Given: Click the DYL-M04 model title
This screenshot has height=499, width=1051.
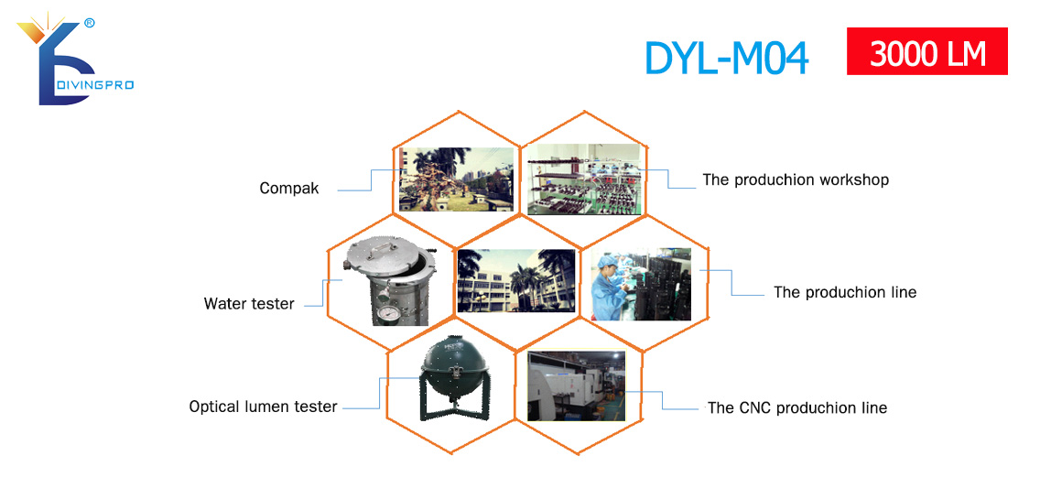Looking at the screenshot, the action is [x=726, y=59].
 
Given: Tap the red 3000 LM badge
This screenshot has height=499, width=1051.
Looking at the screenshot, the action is [x=927, y=51].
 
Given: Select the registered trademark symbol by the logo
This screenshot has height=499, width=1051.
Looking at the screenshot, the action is [x=90, y=23].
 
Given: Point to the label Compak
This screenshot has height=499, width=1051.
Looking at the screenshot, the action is [x=289, y=189].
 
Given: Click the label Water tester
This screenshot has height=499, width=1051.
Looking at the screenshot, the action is [x=249, y=304].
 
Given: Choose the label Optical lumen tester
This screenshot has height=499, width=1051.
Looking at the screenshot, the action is [x=263, y=407].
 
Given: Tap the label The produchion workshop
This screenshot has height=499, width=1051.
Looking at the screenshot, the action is [x=796, y=179].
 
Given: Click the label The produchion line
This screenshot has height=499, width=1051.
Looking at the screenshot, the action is [x=844, y=292].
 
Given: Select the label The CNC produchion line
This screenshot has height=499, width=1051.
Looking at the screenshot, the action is [x=797, y=407].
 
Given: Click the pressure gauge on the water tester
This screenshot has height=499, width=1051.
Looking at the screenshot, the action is [x=385, y=315].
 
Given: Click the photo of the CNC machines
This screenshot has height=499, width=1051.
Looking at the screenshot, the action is [x=576, y=386].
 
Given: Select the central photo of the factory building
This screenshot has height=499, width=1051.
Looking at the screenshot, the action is [x=515, y=281].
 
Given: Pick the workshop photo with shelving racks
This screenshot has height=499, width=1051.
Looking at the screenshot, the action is [x=584, y=179].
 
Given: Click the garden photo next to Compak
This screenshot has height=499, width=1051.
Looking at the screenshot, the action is [x=457, y=179].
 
